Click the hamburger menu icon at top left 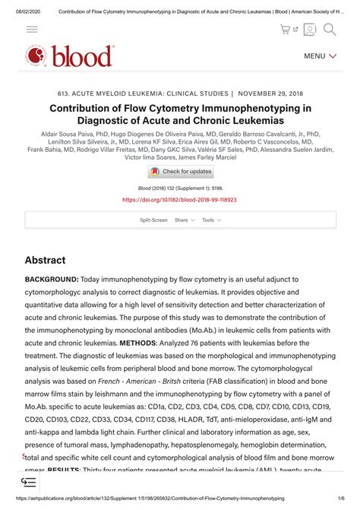[32, 29]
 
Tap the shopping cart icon [286, 29]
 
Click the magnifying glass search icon [330, 29]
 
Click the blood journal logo [70, 55]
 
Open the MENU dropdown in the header [319, 56]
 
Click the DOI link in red [179, 200]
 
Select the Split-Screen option [153, 220]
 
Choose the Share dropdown [185, 220]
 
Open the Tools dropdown [211, 220]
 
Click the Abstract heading [45, 260]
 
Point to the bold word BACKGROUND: [52, 280]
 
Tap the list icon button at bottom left [29, 482]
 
